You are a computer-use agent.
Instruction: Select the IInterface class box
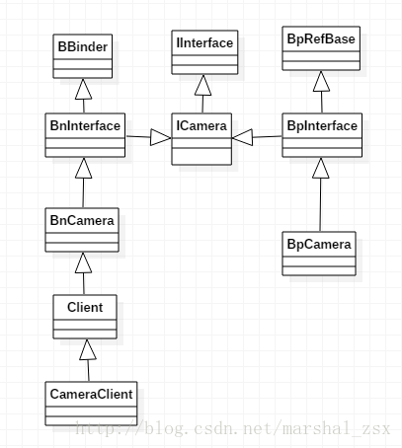click(x=204, y=53)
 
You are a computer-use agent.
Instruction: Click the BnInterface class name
click(x=84, y=125)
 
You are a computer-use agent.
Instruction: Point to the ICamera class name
click(x=201, y=126)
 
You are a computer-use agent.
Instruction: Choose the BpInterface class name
click(x=320, y=125)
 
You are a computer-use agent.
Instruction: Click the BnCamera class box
click(x=83, y=229)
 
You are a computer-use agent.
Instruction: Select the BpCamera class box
click(x=320, y=253)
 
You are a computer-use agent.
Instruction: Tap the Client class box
click(x=84, y=317)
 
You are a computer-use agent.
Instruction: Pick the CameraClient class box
click(x=90, y=403)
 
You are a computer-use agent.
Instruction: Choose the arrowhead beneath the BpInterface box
click(x=320, y=170)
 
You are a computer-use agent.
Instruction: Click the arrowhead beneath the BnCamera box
click(x=84, y=262)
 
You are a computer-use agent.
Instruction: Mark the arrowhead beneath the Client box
click(x=86, y=349)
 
